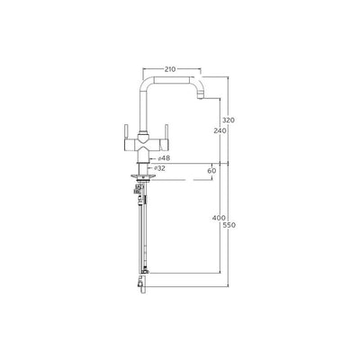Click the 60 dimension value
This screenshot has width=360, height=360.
211,169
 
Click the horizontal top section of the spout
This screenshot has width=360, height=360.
171,77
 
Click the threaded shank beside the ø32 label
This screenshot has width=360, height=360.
140,167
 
